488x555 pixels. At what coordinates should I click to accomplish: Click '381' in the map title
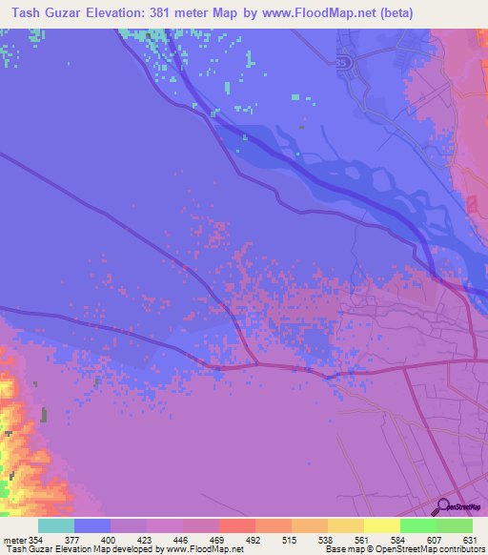coord(187,13)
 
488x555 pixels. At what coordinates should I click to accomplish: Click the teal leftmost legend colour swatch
coord(56,525)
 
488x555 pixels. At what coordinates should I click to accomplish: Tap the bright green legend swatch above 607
coord(418,525)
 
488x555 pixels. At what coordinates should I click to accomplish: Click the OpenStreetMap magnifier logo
coord(444,506)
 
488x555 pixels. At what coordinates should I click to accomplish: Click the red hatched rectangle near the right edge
coord(471,203)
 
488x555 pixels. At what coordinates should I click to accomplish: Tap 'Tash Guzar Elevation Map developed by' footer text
coord(80,548)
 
